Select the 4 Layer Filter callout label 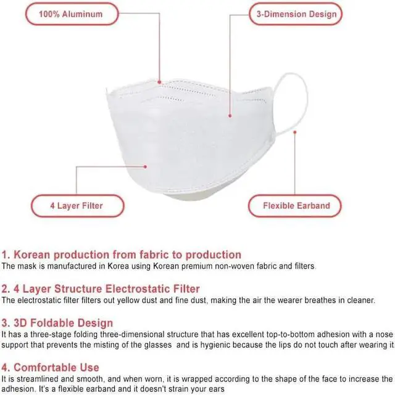click(77, 205)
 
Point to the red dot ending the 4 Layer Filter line click(146, 165)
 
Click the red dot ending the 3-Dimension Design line click(230, 115)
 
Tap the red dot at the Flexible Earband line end click(295, 132)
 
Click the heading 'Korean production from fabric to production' click(122, 255)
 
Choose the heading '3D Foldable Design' click(57, 322)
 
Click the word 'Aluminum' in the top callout click(87, 14)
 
